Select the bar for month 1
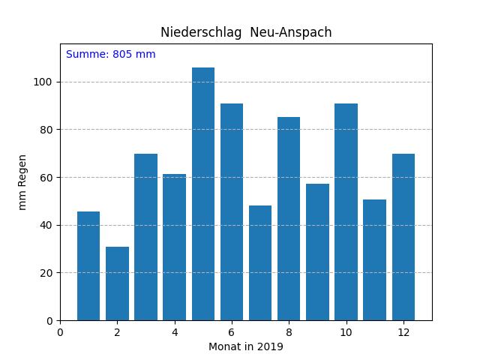point(88,266)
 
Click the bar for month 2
point(117,283)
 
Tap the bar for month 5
point(203,194)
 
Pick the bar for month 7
point(260,263)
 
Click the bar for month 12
point(403,237)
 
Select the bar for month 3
point(145,237)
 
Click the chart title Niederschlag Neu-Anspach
point(246,32)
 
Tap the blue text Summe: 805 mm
point(111,55)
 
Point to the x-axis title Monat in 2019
point(246,346)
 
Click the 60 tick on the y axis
point(46,178)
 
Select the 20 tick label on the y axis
point(46,273)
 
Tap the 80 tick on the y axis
point(46,130)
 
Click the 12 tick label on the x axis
point(403,331)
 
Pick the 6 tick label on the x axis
point(232,331)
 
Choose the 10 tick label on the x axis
point(346,331)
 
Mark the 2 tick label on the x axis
point(117,331)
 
